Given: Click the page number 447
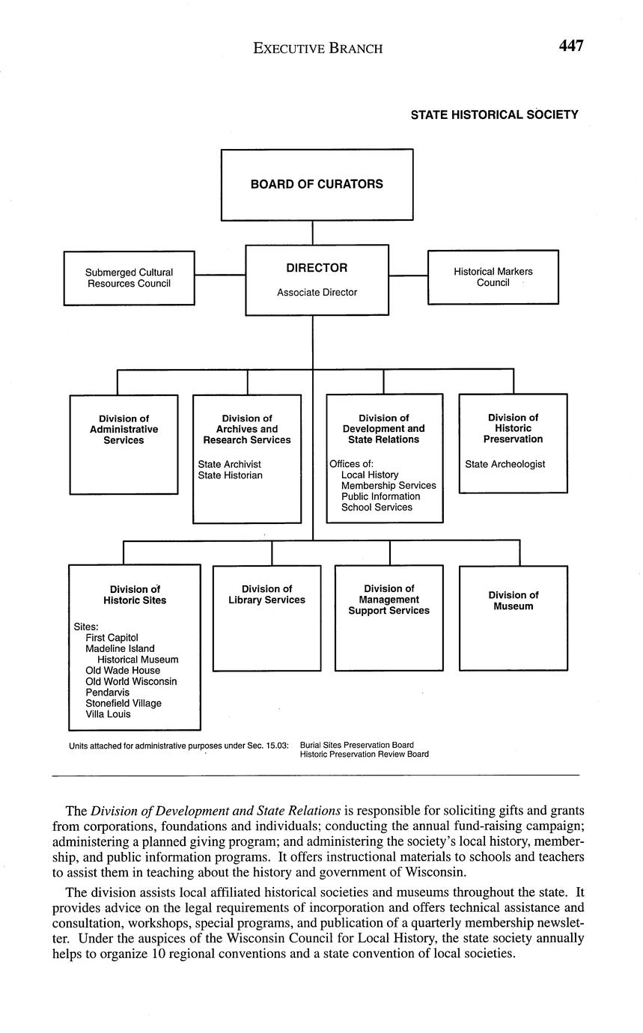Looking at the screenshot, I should [x=570, y=46].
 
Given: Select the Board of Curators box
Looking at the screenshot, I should [x=317, y=184].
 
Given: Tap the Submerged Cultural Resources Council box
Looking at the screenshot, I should [x=129, y=278].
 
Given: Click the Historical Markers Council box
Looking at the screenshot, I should [x=493, y=277].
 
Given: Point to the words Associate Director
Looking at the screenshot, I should [x=317, y=293].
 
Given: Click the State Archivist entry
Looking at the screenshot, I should [x=229, y=464].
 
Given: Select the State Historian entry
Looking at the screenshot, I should [x=230, y=475].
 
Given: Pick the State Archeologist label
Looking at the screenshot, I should [x=505, y=464].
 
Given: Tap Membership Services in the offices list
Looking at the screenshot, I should [x=388, y=486].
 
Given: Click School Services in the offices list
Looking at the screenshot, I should [x=377, y=508].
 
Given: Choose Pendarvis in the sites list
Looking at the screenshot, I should [x=107, y=692].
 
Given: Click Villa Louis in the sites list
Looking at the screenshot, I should [x=108, y=714].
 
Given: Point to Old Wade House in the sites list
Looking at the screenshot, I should [x=123, y=671].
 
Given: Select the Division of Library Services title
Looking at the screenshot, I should [x=266, y=594].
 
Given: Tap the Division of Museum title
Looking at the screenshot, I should [x=513, y=600].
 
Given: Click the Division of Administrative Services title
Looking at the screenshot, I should [x=124, y=430].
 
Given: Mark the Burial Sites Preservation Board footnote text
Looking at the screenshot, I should [x=356, y=745].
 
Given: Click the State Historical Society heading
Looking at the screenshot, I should [x=494, y=115].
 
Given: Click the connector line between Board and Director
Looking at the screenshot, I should [x=313, y=233].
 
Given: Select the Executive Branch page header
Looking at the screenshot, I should [x=317, y=49].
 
